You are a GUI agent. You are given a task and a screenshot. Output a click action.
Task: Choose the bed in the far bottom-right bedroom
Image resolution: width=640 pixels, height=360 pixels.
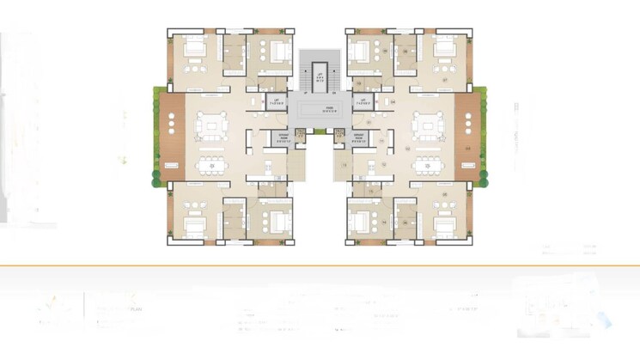445,225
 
